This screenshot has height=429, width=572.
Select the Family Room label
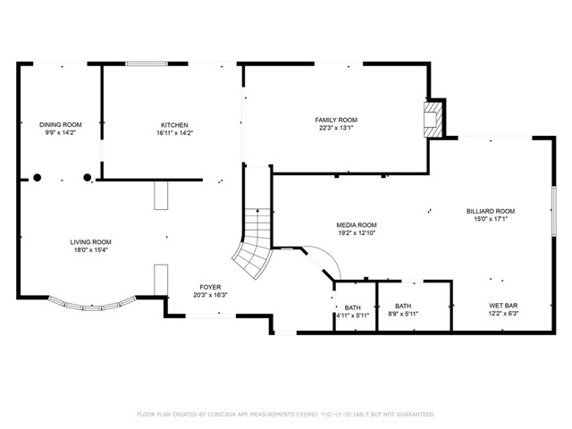click(335, 119)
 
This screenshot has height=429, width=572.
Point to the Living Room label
click(90, 241)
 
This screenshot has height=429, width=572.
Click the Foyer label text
click(209, 286)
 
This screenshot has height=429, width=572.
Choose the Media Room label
click(356, 225)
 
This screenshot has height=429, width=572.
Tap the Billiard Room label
click(490, 211)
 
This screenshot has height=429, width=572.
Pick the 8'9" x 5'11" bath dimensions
click(402, 315)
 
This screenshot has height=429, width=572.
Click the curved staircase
click(253, 246)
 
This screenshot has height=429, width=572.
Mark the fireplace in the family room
click(433, 118)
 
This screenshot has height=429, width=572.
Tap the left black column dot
click(38, 178)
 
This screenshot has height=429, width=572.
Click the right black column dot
click(88, 178)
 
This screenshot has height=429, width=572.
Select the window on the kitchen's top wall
click(144, 63)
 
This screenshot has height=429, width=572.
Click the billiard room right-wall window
click(553, 211)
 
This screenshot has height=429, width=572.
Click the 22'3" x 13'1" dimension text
click(335, 128)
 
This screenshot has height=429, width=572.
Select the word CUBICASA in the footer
click(227, 415)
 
